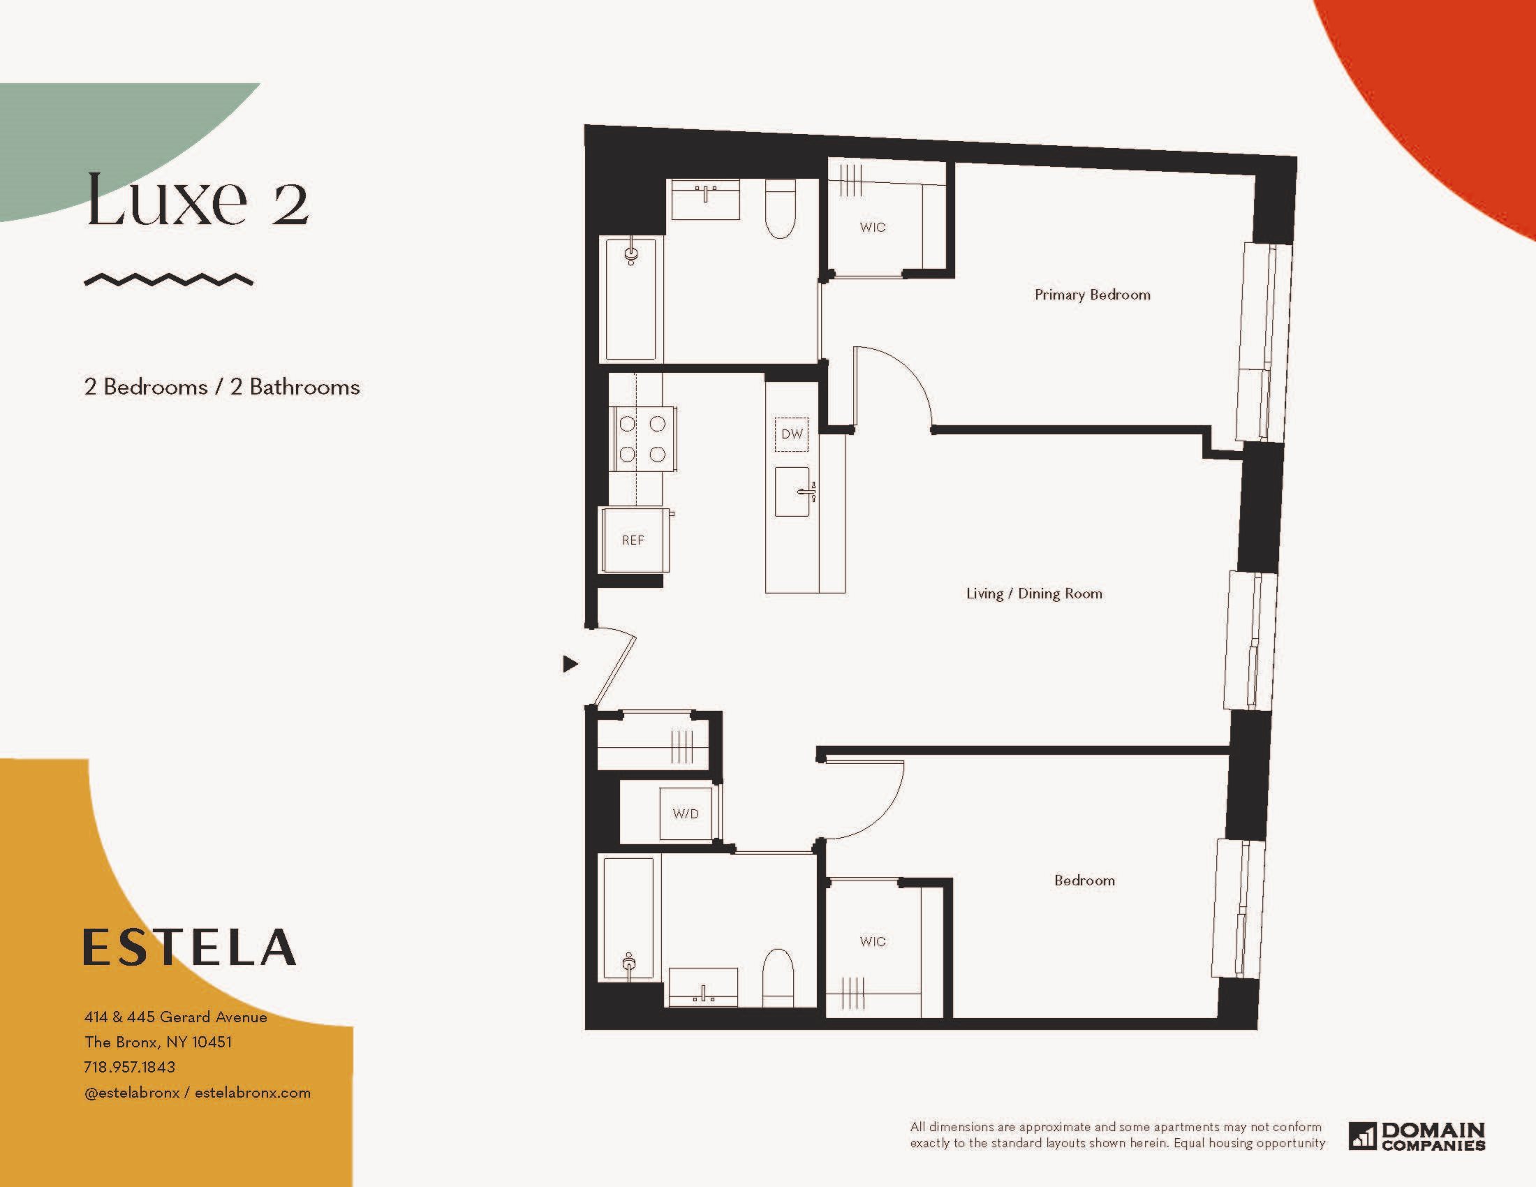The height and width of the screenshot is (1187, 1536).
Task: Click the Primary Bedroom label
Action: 1092,295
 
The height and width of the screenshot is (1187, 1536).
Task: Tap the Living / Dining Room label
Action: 1034,593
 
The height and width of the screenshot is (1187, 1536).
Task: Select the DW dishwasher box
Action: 792,434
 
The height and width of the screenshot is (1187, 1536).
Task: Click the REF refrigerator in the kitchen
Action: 633,539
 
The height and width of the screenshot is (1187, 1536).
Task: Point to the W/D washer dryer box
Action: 686,813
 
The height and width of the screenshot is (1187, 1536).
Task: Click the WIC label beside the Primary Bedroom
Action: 872,227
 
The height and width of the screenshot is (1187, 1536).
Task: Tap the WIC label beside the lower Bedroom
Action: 872,942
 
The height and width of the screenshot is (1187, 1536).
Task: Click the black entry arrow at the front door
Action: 570,663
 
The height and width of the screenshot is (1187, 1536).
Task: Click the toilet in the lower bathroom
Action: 778,978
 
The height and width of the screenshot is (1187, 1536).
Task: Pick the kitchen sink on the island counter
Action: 792,492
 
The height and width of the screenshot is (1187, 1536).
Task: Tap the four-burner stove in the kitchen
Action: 643,438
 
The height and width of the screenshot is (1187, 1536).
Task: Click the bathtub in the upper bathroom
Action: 632,299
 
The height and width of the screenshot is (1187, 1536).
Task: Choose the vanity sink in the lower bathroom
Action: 703,987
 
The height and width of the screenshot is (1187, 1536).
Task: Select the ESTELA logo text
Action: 190,947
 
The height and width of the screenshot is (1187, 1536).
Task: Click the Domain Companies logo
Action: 1417,1135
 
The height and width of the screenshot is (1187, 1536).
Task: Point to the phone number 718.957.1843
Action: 129,1067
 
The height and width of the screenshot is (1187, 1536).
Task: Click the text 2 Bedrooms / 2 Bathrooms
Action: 222,388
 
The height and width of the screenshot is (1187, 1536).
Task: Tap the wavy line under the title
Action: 169,280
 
